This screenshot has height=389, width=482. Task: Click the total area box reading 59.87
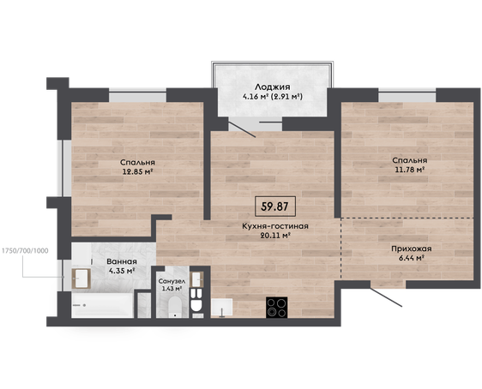275,206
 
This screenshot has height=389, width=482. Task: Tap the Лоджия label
273,87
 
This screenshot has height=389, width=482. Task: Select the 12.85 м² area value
138,171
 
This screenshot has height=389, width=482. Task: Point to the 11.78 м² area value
410,170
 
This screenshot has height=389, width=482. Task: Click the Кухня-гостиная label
275,226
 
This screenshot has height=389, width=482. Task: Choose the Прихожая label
412,248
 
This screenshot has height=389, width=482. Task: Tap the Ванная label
122,261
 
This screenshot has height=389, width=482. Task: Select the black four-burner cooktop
277,307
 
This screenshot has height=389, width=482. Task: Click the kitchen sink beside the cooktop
222,308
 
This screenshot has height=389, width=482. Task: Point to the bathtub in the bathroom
102,305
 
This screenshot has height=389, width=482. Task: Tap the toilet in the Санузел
175,307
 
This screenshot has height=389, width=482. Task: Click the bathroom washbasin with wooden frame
81,278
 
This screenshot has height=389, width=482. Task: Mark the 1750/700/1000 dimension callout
25,251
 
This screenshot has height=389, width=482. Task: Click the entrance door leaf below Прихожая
386,297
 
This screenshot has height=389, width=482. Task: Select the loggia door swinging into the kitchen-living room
242,129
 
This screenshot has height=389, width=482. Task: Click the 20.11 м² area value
275,236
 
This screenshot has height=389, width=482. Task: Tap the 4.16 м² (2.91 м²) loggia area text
273,97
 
